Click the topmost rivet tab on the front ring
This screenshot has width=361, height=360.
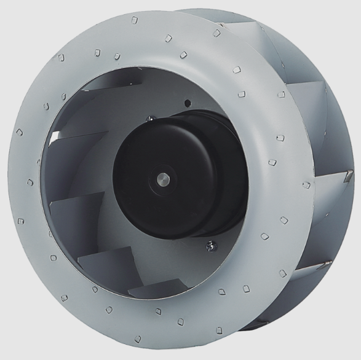[x=135, y=20]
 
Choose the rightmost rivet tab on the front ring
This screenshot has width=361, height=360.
[x=306, y=184]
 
